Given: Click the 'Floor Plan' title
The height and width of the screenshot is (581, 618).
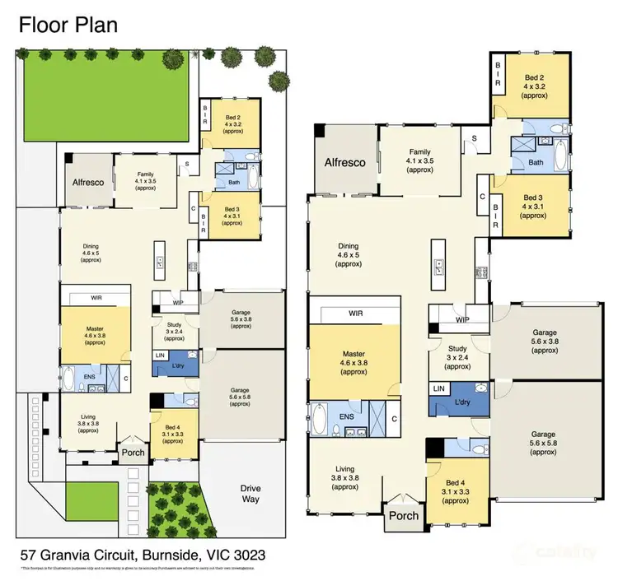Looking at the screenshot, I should coord(68,24).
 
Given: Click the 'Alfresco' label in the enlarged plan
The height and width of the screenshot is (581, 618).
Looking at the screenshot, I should coord(344,162).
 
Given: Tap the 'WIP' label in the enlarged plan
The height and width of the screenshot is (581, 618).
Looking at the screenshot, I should coord(458,319).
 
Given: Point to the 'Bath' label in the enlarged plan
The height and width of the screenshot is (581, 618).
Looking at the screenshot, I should coord(536,162).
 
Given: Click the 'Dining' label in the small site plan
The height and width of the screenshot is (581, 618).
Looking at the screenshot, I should coord(91,244).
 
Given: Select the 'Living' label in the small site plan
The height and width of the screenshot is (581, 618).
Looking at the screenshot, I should coord(88,418).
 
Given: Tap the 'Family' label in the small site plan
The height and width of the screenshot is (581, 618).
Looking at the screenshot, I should coord(146,174).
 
